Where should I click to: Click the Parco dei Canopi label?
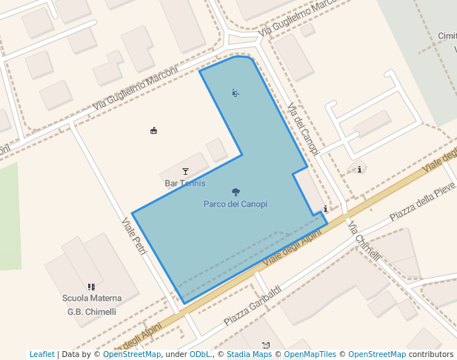click(x=235, y=204)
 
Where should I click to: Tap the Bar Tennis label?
click(x=184, y=183)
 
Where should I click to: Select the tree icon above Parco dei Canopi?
click(x=236, y=193)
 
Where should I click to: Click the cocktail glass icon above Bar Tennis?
click(x=185, y=172)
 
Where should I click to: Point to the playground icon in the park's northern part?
click(x=235, y=93)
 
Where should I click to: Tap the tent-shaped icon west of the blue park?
click(x=153, y=131)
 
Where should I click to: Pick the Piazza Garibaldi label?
click(x=253, y=306)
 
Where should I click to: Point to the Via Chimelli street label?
click(x=364, y=241)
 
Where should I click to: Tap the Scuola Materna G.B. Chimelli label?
click(x=92, y=304)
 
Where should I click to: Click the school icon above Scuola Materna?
click(x=91, y=287)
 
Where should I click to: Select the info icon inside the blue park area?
click(x=325, y=210)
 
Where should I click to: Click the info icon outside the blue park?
click(x=359, y=170)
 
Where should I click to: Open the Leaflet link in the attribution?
click(x=41, y=354)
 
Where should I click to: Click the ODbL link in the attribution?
click(x=199, y=354)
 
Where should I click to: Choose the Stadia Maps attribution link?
click(x=249, y=354)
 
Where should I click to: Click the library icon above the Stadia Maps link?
click(x=266, y=345)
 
